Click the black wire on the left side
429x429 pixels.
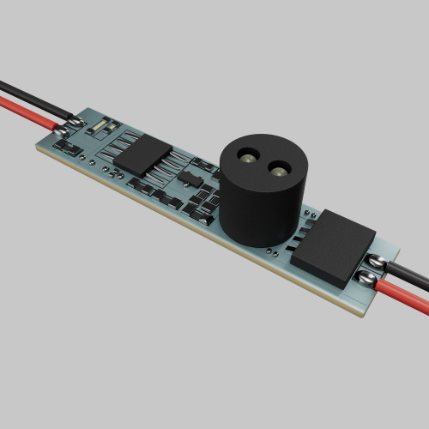pos(26,95)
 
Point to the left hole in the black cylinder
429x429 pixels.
pos(247,158)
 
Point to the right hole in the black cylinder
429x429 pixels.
pos(279,169)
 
